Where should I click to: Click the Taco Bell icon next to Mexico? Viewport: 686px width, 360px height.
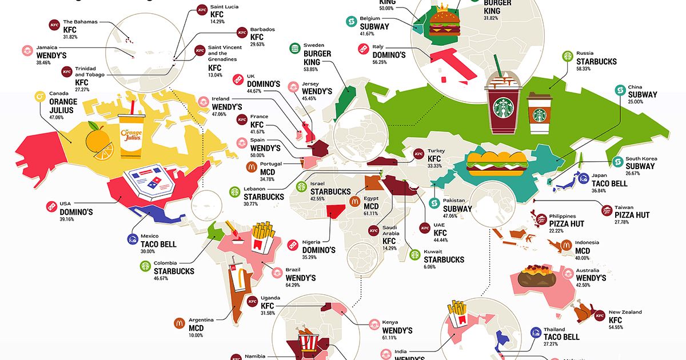133,240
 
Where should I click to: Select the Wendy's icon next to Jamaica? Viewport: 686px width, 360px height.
27,51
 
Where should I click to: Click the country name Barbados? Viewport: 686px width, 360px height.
262,29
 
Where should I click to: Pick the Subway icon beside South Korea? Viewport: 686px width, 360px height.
617,162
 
